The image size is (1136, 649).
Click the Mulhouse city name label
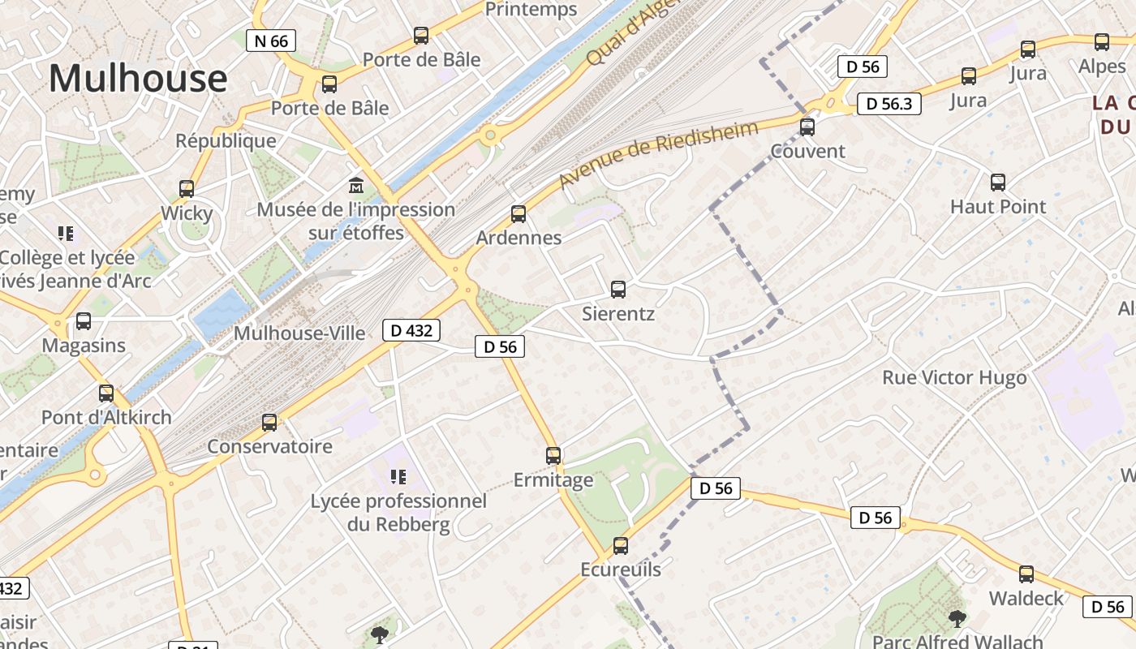[138, 79]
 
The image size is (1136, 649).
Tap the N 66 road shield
[271, 41]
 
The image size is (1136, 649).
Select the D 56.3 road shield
[889, 104]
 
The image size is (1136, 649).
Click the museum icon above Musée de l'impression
[356, 185]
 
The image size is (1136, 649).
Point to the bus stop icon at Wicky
[187, 189]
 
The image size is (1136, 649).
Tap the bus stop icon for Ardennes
[519, 214]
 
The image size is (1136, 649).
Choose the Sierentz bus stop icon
[618, 289]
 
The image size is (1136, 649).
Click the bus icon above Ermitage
[553, 456]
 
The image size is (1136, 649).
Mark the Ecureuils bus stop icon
[621, 546]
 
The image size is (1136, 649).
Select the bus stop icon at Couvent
[807, 127]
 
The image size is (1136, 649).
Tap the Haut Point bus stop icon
[998, 183]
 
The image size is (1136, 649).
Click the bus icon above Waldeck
[1026, 574]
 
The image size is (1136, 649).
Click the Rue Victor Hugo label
[954, 378]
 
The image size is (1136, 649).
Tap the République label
[226, 140]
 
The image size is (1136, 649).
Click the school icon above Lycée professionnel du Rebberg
[398, 476]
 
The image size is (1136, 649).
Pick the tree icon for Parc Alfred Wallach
[957, 619]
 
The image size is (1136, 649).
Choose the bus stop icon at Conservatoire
[269, 423]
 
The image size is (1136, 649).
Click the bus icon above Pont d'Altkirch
[106, 393]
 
